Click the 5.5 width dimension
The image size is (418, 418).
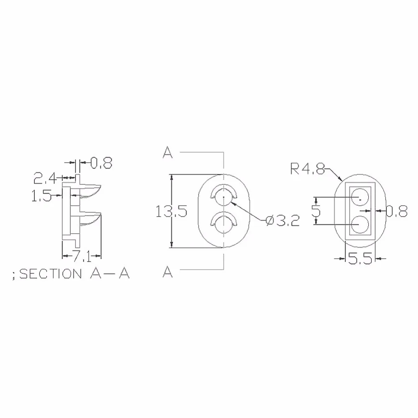pyautogui.click(x=360, y=259)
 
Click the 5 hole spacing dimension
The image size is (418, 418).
pyautogui.click(x=316, y=211)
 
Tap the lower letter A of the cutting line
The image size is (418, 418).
pyautogui.click(x=168, y=272)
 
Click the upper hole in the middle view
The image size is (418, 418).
pyautogui.click(x=224, y=198)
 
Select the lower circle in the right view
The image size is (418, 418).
pyautogui.click(x=359, y=225)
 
